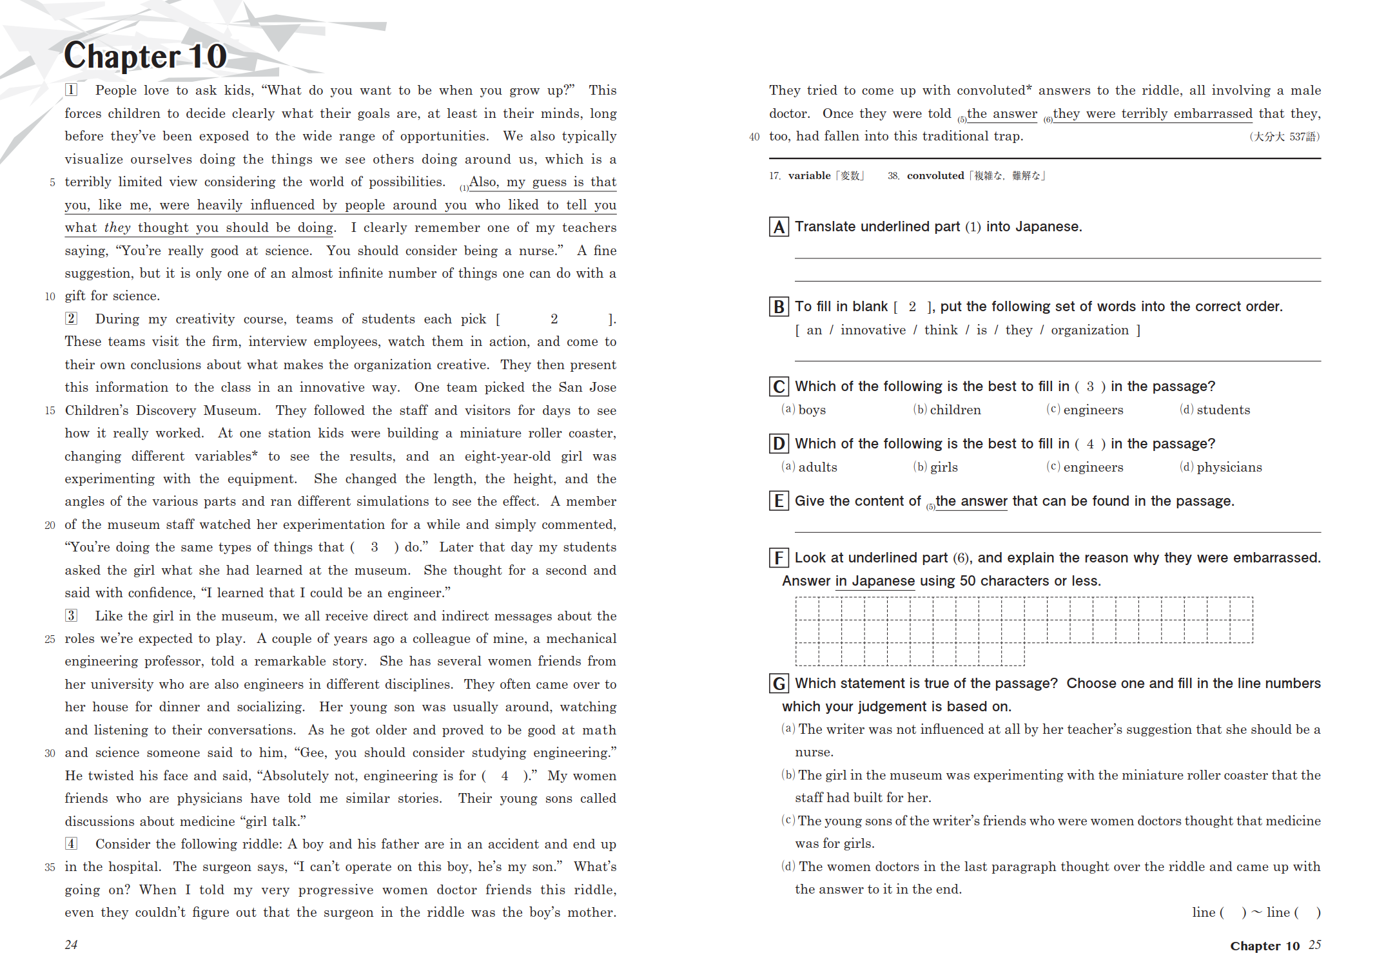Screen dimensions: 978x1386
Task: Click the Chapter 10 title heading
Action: click(x=146, y=56)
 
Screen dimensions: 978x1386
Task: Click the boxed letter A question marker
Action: click(x=779, y=227)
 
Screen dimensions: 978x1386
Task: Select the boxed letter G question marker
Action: click(x=779, y=684)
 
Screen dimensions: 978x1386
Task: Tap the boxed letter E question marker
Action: click(x=779, y=501)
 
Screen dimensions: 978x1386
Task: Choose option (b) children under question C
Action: click(x=947, y=410)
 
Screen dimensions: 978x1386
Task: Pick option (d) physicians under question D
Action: click(x=1221, y=467)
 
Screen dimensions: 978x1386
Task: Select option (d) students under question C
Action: click(x=1215, y=410)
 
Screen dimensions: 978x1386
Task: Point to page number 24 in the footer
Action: click(x=71, y=945)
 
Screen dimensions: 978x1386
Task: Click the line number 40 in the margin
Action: click(x=754, y=137)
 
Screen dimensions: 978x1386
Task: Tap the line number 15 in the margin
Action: click(x=50, y=411)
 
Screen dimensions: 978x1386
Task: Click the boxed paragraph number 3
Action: click(x=71, y=616)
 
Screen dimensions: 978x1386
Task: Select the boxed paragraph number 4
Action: click(x=71, y=844)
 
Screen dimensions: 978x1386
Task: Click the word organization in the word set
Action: click(x=1089, y=331)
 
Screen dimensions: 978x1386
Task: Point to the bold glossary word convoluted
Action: click(x=935, y=176)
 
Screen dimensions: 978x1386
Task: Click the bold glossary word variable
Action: click(x=809, y=176)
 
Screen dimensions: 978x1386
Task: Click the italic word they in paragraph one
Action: click(x=117, y=228)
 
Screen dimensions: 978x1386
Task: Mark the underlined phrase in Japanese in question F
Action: click(x=875, y=581)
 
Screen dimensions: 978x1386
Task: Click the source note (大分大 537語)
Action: click(x=1284, y=137)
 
